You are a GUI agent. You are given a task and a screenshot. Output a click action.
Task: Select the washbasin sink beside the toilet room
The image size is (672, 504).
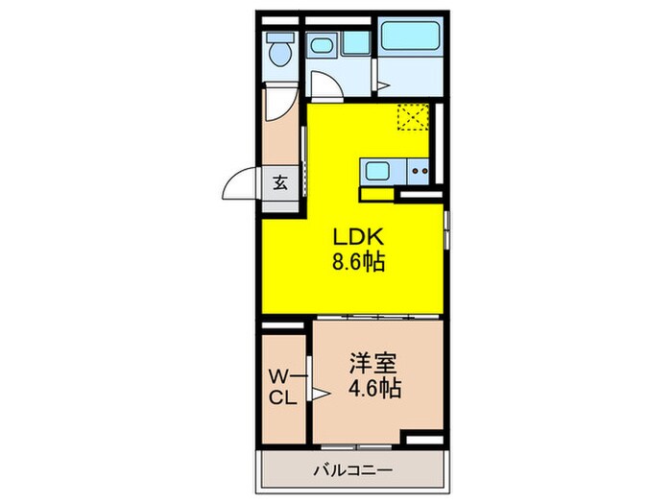click(x=323, y=44)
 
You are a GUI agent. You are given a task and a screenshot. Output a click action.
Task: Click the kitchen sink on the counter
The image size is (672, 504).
click(x=375, y=172)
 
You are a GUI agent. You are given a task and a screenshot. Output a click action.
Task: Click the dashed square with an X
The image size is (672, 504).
click(x=414, y=117)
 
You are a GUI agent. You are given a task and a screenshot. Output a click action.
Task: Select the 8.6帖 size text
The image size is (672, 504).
click(x=358, y=262)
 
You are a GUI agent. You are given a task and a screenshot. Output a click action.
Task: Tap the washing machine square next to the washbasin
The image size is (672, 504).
click(x=355, y=43)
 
